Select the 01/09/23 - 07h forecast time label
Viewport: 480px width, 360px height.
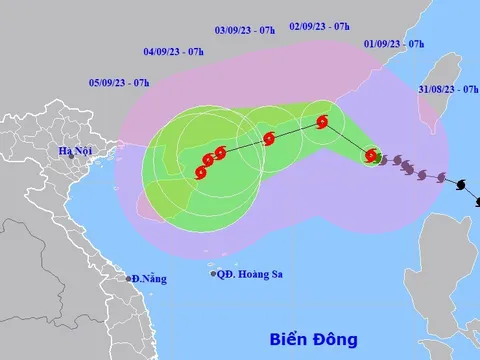coord(394,45)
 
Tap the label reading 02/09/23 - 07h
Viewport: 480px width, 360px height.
coord(319,27)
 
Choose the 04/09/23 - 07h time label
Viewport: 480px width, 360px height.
coord(175,50)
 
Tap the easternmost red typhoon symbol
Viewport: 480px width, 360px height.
coord(371,156)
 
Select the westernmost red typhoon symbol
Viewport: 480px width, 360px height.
coord(200,172)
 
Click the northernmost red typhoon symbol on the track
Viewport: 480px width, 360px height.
coord(322,123)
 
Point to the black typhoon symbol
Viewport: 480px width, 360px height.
coord(461,184)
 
